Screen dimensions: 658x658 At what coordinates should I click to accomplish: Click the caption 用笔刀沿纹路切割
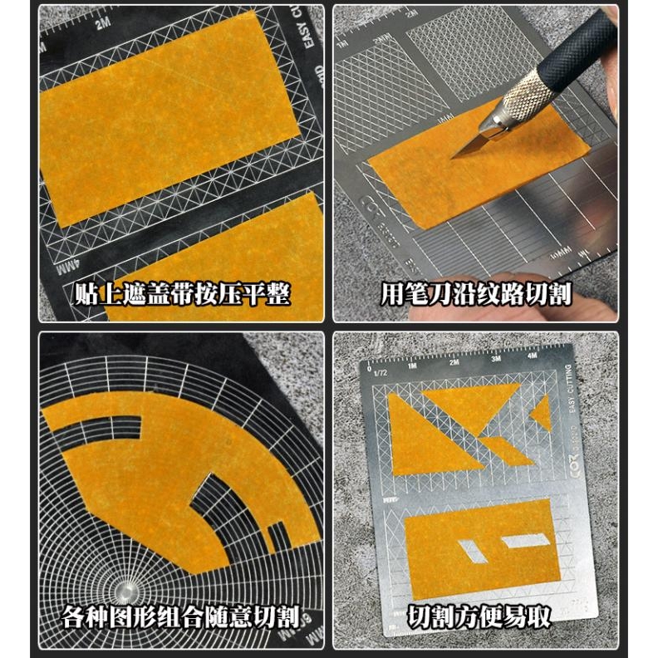tap(476, 294)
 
